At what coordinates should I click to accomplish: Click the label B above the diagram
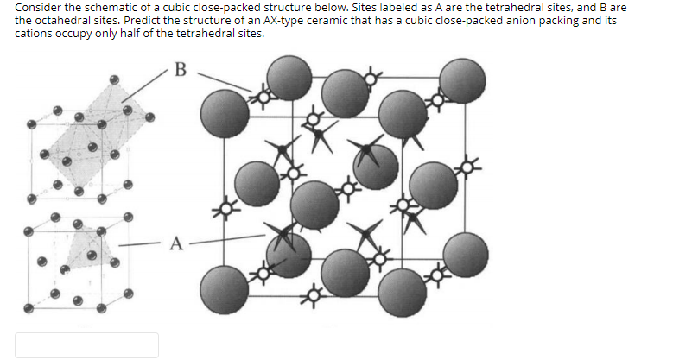[180, 68]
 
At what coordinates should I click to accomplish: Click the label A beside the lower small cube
[176, 243]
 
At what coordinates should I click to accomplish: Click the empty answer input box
[86, 344]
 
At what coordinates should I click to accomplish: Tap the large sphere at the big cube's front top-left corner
[225, 110]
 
